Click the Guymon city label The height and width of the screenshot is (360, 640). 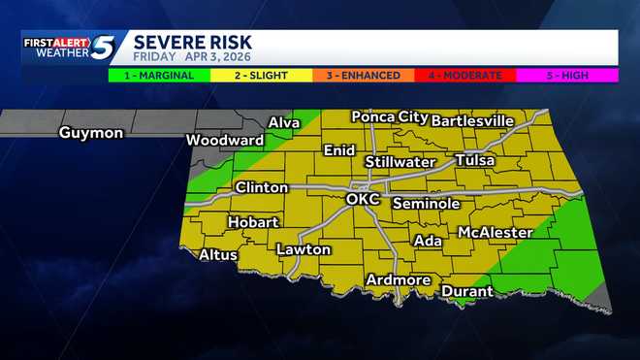tap(90, 133)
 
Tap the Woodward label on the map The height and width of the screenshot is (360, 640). tap(225, 141)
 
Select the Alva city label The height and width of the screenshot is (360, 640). tap(283, 123)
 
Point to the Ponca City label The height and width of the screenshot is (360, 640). tap(389, 117)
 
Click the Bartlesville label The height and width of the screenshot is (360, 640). tap(472, 120)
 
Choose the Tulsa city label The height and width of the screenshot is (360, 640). tap(474, 159)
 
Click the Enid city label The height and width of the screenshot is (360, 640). tap(339, 150)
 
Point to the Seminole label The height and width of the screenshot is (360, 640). tap(426, 204)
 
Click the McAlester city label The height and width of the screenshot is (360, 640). tap(495, 233)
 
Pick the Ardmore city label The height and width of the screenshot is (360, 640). tap(398, 280)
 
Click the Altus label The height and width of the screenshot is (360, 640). tap(217, 255)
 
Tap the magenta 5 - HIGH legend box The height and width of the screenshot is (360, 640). tap(566, 75)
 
